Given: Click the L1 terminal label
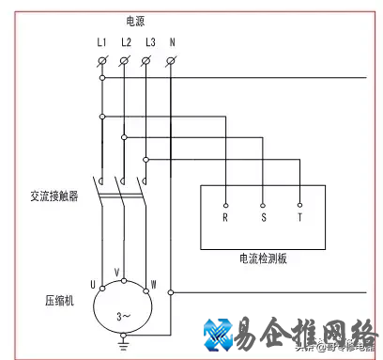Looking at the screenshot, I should click(102, 42).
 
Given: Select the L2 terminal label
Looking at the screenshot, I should click(126, 42).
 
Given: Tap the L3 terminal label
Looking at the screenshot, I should click(149, 42).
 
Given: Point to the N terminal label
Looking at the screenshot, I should click(172, 42).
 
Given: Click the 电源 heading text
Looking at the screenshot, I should click(135, 20).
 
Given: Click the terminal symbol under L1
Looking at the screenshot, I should click(102, 61).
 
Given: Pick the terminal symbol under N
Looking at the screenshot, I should click(171, 61).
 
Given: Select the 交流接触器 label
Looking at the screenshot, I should click(53, 197).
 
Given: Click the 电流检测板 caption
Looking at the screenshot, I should click(263, 258).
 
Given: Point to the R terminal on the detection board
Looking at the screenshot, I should click(225, 216).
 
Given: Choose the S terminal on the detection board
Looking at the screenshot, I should click(263, 216).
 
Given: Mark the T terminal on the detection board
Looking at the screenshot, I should click(299, 216).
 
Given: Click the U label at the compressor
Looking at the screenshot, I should click(93, 283).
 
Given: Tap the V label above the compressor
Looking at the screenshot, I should click(117, 272).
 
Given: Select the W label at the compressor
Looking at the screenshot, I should click(152, 283).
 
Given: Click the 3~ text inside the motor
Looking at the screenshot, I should click(123, 317).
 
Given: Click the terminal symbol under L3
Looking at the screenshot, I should click(147, 61).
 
